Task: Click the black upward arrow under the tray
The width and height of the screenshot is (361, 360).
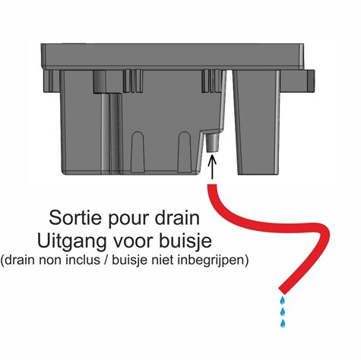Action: tap(211, 166)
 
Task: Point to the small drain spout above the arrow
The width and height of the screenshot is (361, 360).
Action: tap(211, 142)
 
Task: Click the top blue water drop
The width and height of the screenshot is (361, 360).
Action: tap(282, 300)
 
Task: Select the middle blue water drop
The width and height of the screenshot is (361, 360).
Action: tap(282, 311)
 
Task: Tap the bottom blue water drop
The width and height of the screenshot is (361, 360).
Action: tap(283, 324)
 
